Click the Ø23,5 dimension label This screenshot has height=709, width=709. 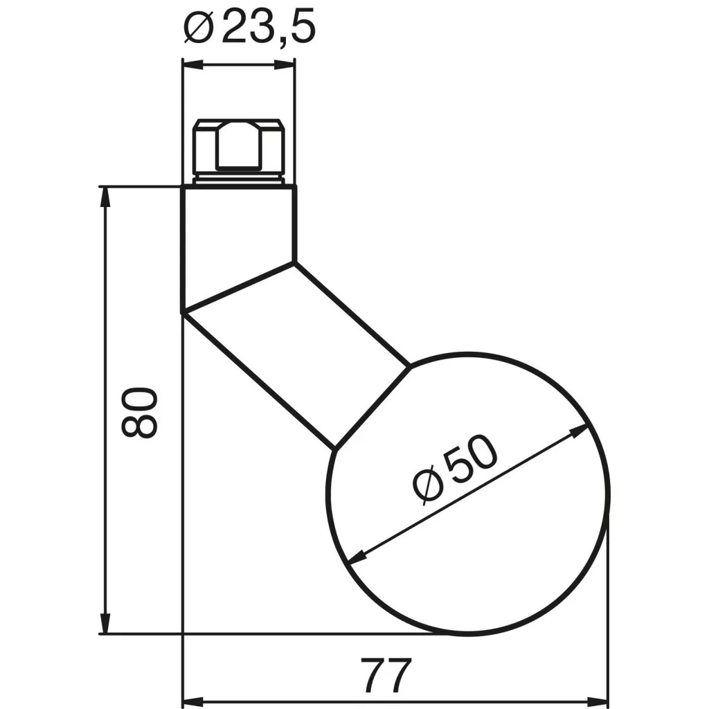(x=249, y=28)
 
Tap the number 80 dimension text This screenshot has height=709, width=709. (x=139, y=412)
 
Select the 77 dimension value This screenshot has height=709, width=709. (x=386, y=675)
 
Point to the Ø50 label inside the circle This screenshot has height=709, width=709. (x=455, y=469)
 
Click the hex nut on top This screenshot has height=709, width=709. (x=239, y=147)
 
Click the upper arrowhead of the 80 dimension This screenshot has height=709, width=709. (x=105, y=197)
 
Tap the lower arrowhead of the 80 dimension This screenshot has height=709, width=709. (x=105, y=624)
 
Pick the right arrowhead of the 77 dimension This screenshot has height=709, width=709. (x=598, y=700)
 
